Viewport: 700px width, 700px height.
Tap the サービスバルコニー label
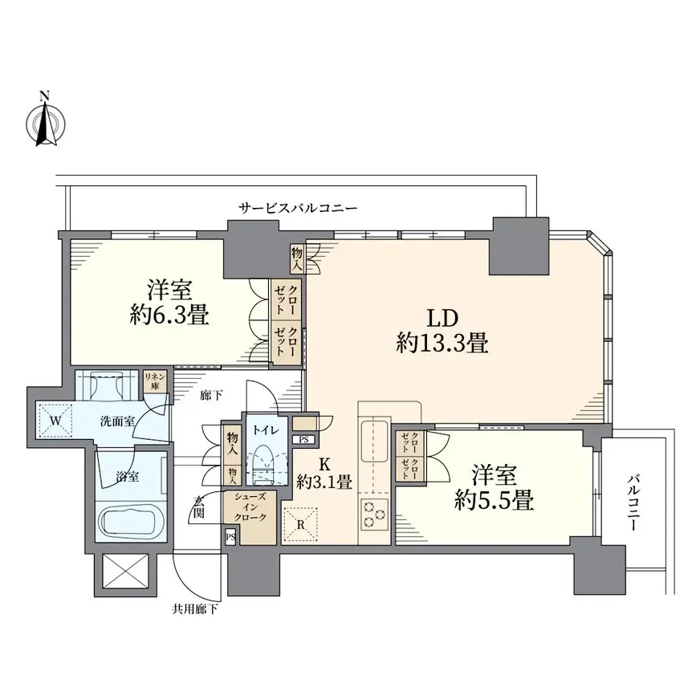click(x=298, y=208)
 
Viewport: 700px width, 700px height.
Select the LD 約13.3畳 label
click(x=442, y=331)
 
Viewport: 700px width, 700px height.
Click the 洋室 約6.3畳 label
click(x=169, y=302)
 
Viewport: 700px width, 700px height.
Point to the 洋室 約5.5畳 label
click(x=494, y=487)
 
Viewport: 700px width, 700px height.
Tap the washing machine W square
click(x=55, y=420)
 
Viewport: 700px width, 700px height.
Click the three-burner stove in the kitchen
click(x=374, y=515)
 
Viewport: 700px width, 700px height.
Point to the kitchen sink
click(x=374, y=441)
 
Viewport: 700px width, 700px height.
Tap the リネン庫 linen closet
click(x=155, y=381)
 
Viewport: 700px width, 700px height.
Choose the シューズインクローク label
click(x=250, y=507)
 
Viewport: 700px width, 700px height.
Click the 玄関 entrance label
click(x=199, y=507)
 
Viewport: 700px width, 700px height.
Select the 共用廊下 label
click(x=195, y=609)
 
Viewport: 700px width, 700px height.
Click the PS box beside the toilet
click(x=303, y=440)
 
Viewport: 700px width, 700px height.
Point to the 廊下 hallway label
click(x=211, y=395)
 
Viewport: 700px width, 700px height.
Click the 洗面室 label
click(x=117, y=421)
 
